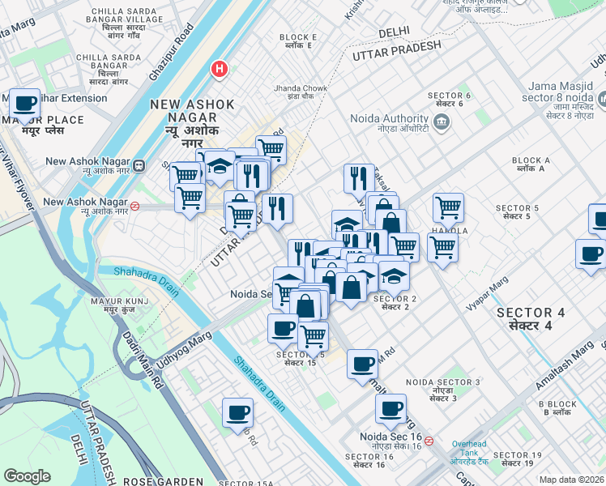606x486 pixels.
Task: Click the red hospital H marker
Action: click(x=218, y=70)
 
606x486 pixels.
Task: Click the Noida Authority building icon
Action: click(x=442, y=123)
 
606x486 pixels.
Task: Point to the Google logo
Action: click(x=27, y=476)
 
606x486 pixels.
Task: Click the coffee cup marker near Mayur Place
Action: click(x=26, y=104)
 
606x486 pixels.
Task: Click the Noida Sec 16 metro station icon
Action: click(x=429, y=441)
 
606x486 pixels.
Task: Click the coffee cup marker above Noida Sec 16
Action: click(x=390, y=411)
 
